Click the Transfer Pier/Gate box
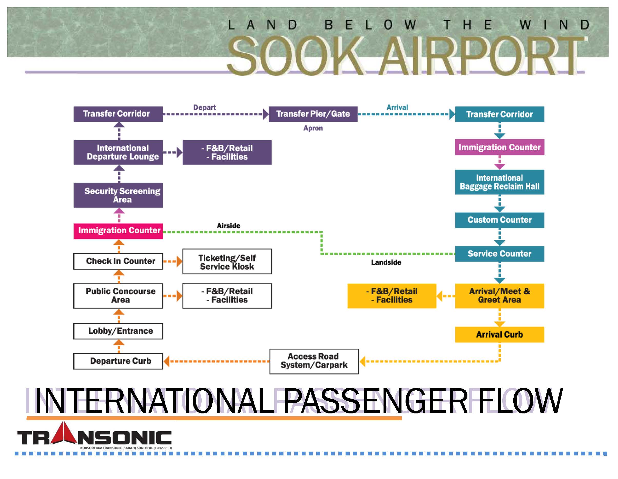coord(313,114)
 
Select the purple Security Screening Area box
coord(118,195)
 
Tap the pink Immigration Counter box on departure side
coord(118,231)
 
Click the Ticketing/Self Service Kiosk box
coord(227,262)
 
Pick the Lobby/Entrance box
coord(118,331)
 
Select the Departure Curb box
coord(118,361)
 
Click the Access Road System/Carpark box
coord(314,361)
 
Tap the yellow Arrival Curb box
coord(499,335)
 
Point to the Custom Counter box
coord(499,220)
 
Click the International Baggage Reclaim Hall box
coord(499,182)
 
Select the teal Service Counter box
coord(499,254)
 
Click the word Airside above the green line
coord(228,226)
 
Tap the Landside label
coord(386,263)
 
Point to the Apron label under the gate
coord(313,128)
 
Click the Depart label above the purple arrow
coord(204,107)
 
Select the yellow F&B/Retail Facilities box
coord(392,296)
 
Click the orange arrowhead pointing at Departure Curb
coord(167,361)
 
